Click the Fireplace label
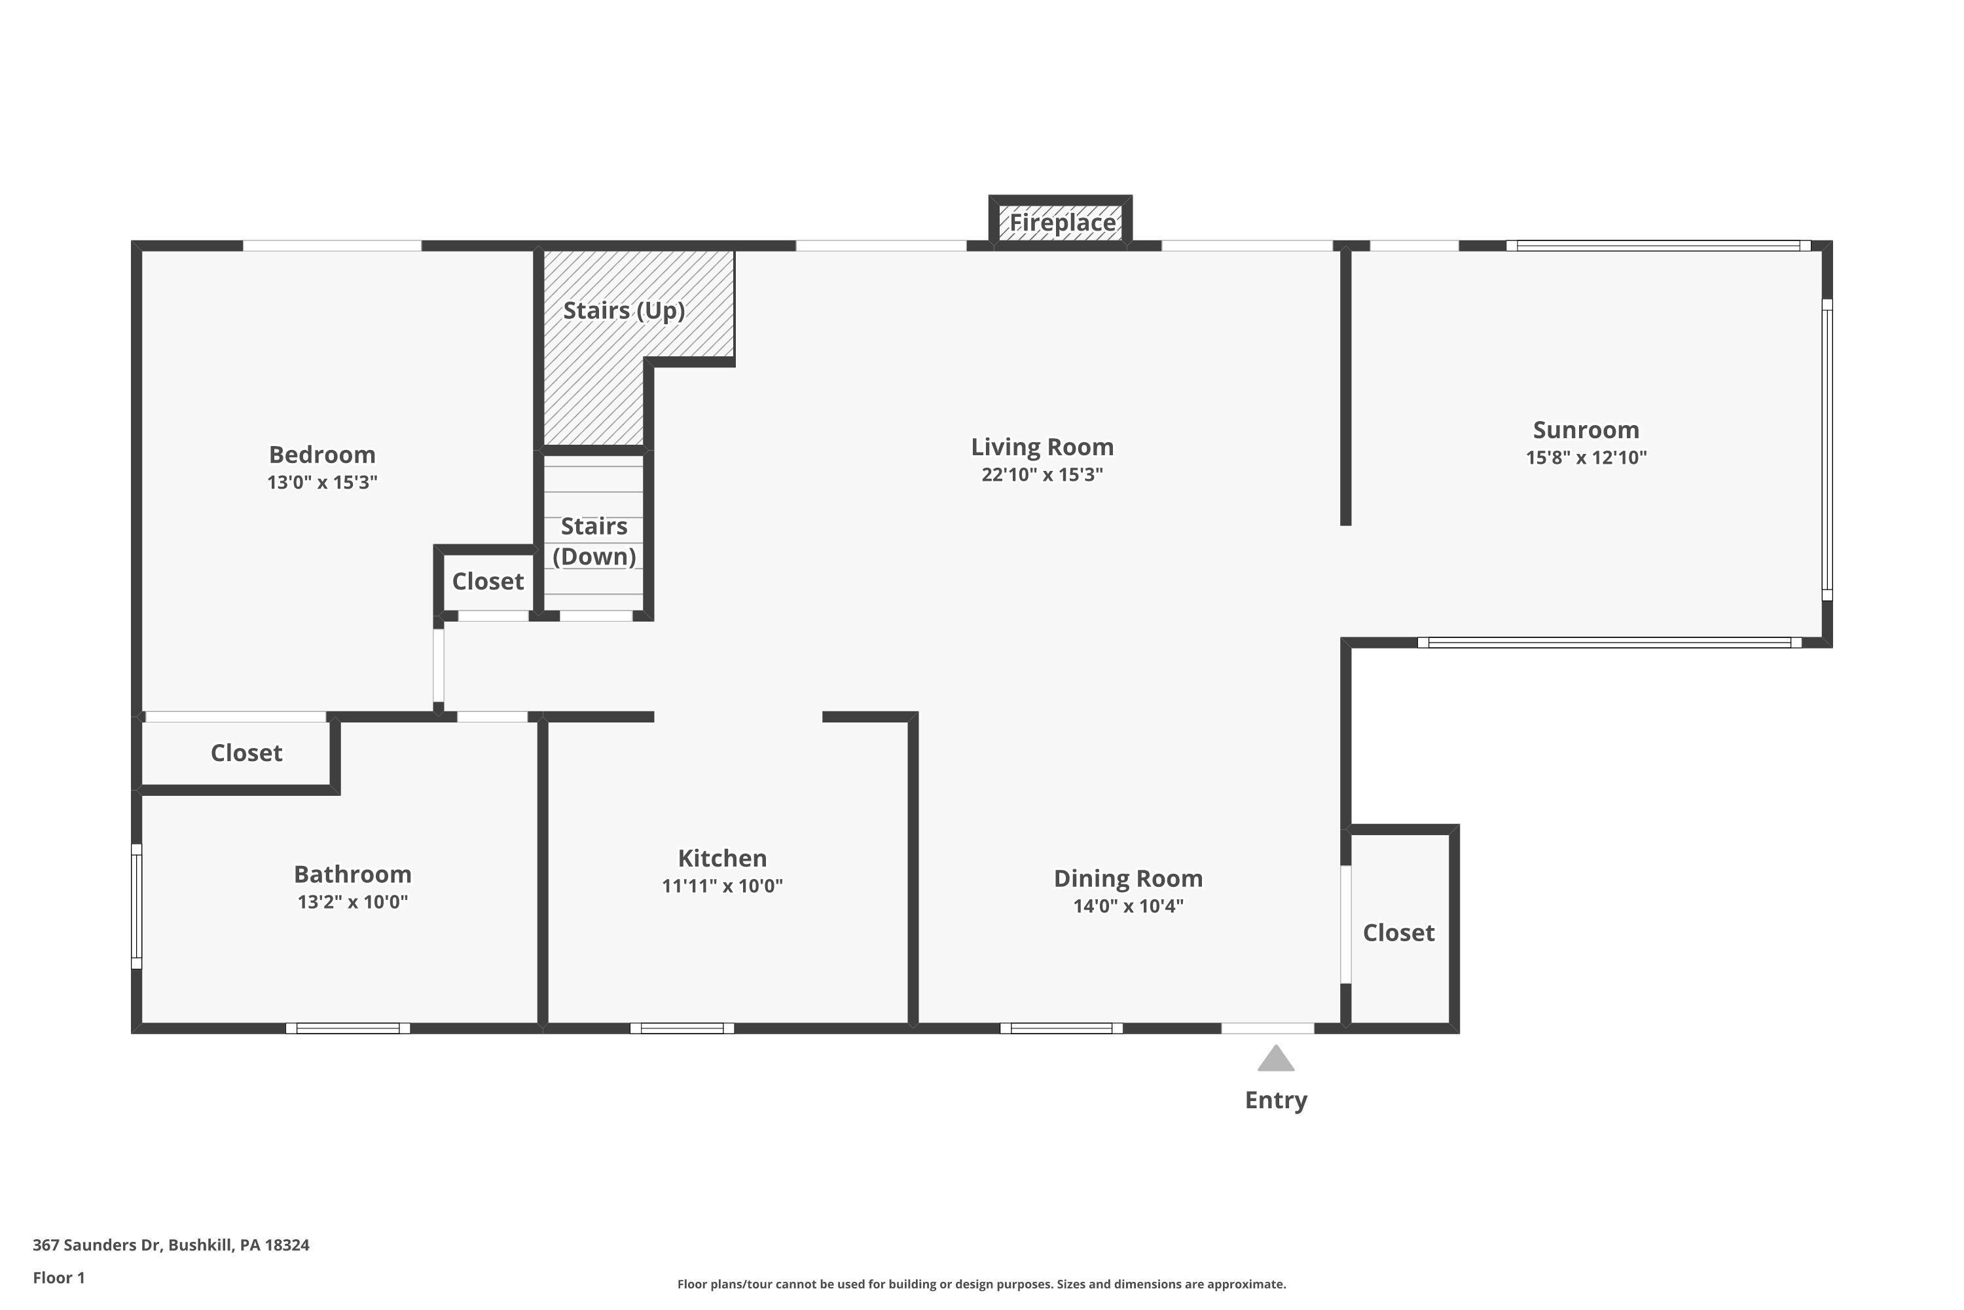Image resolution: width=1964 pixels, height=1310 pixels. pos(1062,223)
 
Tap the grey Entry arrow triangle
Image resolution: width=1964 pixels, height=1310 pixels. pos(1276,1059)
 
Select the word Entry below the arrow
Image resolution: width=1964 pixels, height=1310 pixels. pos(1276,1100)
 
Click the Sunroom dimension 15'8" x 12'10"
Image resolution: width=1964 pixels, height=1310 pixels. pos(1586,458)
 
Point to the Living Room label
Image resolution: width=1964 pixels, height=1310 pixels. pos(1042,447)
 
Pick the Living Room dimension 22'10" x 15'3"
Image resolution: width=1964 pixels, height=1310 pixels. pos(1042,474)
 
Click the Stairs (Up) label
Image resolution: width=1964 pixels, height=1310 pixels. pos(624,310)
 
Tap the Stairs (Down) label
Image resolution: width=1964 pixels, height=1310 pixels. pos(594,542)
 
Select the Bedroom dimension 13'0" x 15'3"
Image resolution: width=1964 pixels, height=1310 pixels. pos(322,482)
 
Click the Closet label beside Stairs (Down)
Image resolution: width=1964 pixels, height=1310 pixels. pos(488,582)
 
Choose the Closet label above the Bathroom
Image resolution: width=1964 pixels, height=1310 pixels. pos(246,753)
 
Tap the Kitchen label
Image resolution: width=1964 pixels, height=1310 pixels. pos(722,858)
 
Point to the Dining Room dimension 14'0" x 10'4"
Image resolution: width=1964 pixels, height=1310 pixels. pos(1128,906)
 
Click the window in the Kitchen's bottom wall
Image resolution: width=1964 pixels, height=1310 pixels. pos(682,1028)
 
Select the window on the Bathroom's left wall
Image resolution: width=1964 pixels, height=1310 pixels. pos(137,907)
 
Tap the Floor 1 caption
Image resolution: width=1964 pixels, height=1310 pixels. pos(58,1277)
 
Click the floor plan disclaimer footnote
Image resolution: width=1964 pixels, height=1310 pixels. pos(981,1284)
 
